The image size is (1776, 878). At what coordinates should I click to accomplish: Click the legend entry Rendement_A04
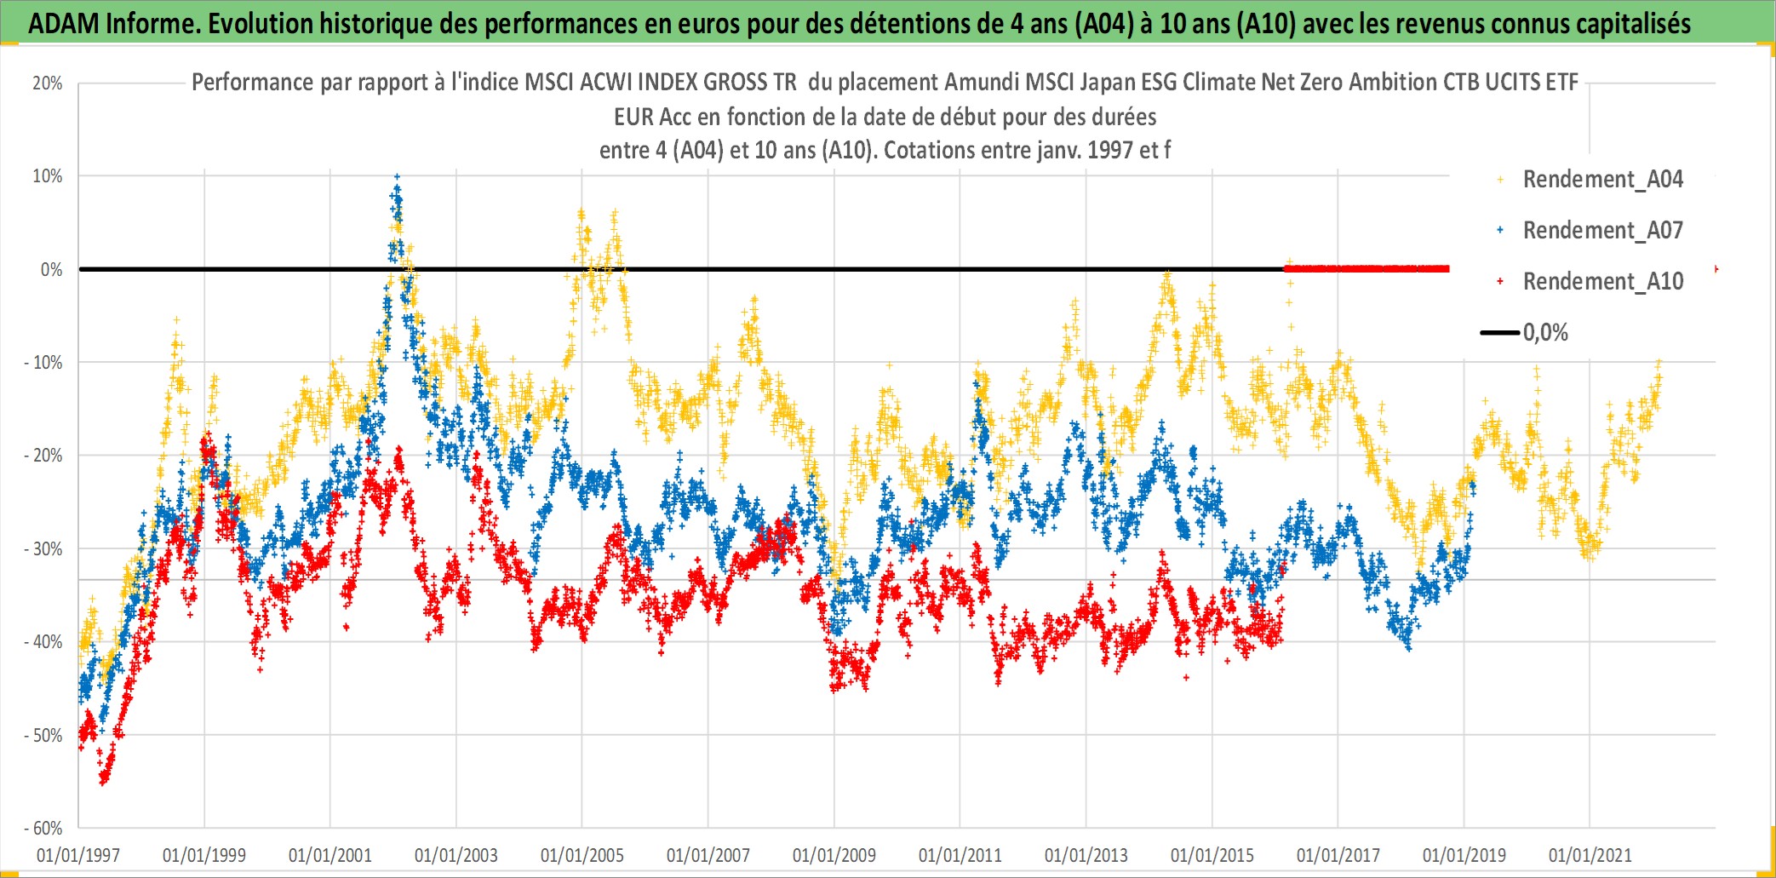(x=1602, y=180)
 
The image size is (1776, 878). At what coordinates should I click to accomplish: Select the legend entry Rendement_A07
(x=1602, y=231)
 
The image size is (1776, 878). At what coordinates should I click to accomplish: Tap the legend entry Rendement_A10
(x=1602, y=282)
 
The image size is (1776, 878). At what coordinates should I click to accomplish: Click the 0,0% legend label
(x=1545, y=333)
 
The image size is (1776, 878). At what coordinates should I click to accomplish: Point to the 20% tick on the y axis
(x=48, y=83)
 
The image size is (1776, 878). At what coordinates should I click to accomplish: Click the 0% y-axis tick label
(x=52, y=270)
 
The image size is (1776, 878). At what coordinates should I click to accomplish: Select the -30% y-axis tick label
(x=43, y=549)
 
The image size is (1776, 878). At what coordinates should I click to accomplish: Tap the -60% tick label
(x=43, y=829)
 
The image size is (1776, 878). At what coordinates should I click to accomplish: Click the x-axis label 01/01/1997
(x=78, y=855)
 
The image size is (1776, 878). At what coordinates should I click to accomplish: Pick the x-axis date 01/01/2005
(x=582, y=855)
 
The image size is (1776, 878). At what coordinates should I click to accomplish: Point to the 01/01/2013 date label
(x=1086, y=855)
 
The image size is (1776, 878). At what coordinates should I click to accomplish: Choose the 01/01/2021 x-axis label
(x=1590, y=855)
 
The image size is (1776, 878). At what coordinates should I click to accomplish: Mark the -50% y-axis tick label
(x=43, y=736)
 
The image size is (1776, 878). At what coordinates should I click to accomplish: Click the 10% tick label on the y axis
(x=48, y=176)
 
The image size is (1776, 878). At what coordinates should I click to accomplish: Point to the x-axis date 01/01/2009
(x=834, y=855)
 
